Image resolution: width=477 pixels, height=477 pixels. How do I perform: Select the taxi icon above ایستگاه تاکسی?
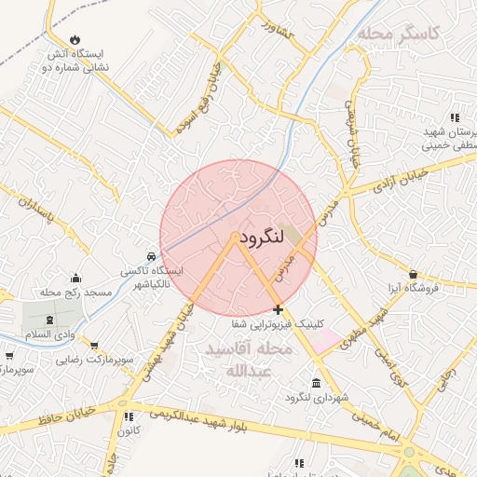(151, 256)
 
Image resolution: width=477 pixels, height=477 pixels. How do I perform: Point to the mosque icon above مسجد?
(75, 278)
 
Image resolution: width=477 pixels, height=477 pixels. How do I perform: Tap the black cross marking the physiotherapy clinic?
(278, 308)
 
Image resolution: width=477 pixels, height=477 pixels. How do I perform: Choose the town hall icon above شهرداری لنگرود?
(317, 384)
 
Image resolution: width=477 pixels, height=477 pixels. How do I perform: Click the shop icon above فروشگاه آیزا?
(413, 274)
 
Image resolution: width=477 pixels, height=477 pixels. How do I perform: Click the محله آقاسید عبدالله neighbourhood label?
(248, 359)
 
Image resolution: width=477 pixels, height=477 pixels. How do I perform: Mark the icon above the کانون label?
(129, 416)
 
